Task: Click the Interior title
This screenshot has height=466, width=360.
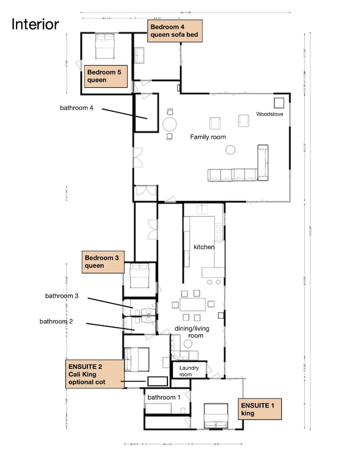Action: click(x=35, y=24)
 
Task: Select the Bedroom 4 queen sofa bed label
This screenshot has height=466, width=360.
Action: click(x=174, y=31)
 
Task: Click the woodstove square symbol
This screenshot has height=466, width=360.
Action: click(x=278, y=102)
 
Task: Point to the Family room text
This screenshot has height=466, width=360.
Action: click(x=208, y=137)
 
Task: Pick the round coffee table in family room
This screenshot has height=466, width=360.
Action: click(x=230, y=150)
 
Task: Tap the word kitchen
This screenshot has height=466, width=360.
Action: click(x=204, y=247)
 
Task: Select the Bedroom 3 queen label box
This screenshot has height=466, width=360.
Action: click(x=102, y=262)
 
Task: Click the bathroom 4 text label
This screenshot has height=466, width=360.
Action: click(x=77, y=108)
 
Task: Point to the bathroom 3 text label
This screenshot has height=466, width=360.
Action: click(x=62, y=296)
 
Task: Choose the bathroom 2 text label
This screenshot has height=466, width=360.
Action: click(x=56, y=321)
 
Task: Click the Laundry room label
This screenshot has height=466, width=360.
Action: click(x=189, y=371)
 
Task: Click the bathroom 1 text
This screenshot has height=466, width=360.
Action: click(x=164, y=398)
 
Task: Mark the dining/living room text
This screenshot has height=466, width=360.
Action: click(x=192, y=332)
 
